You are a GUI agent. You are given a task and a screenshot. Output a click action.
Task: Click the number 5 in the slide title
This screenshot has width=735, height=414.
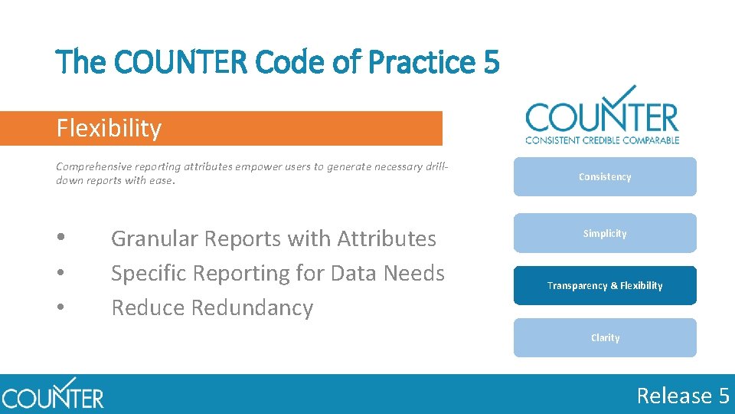tap(492, 61)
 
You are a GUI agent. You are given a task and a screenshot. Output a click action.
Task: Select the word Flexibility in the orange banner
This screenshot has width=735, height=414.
tap(109, 128)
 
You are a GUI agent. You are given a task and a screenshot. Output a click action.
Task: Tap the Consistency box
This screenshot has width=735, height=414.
tap(605, 177)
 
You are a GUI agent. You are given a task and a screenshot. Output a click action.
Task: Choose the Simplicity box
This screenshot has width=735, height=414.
tap(605, 233)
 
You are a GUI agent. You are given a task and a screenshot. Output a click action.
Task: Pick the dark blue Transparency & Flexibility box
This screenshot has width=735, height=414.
tap(605, 285)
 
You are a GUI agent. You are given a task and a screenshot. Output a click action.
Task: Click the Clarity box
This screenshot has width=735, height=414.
tap(605, 337)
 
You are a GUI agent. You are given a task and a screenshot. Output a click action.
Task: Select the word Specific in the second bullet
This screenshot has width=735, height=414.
tap(151, 274)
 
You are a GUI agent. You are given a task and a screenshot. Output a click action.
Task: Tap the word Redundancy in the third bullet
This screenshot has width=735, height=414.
tap(253, 308)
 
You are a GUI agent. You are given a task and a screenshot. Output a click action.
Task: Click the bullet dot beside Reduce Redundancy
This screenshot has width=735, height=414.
tap(60, 308)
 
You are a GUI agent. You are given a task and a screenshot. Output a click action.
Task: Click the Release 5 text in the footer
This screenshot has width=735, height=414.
tap(683, 396)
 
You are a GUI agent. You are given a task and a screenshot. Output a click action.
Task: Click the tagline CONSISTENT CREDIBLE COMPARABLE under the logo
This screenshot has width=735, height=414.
tap(602, 140)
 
